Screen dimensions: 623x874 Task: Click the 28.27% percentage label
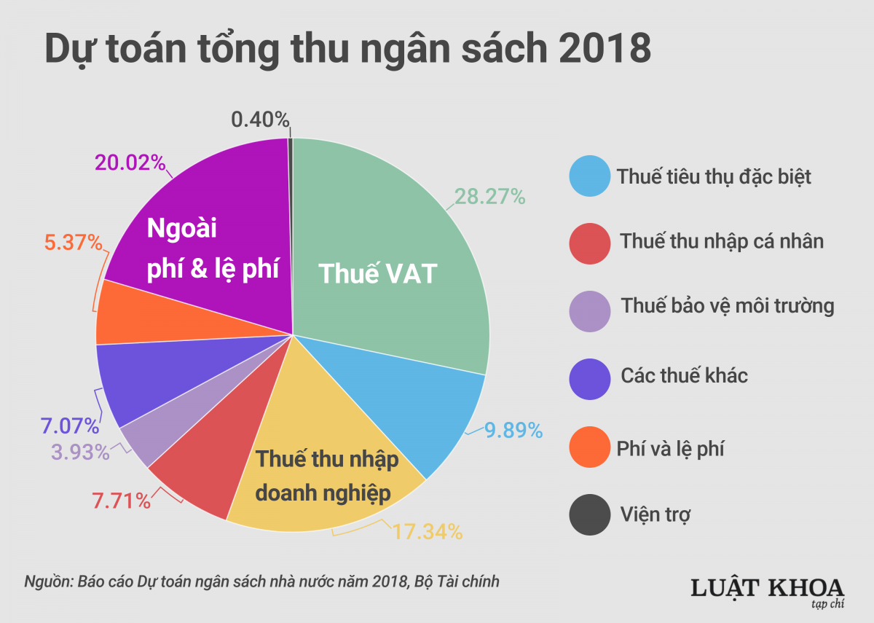tap(489, 196)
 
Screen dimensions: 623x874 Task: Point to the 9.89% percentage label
tap(514, 431)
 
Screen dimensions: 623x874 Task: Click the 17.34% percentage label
tap(428, 532)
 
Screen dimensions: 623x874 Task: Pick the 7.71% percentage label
tap(122, 501)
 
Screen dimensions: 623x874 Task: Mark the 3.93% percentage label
tap(80, 452)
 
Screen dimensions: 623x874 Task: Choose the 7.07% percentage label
tap(71, 425)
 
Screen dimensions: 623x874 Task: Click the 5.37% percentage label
tap(73, 243)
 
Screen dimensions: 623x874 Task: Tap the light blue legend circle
tap(588, 176)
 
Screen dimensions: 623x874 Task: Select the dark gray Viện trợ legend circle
tap(588, 514)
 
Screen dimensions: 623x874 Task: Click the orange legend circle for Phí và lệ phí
tap(588, 447)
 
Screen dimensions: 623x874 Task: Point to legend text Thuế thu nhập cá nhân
tap(722, 240)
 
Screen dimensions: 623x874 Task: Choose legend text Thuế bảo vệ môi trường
tap(727, 305)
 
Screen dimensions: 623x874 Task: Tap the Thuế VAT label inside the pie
tap(378, 275)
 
